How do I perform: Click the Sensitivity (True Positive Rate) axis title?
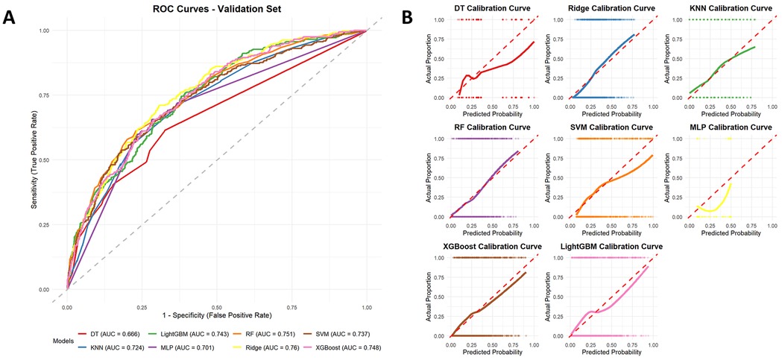tap(35, 160)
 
